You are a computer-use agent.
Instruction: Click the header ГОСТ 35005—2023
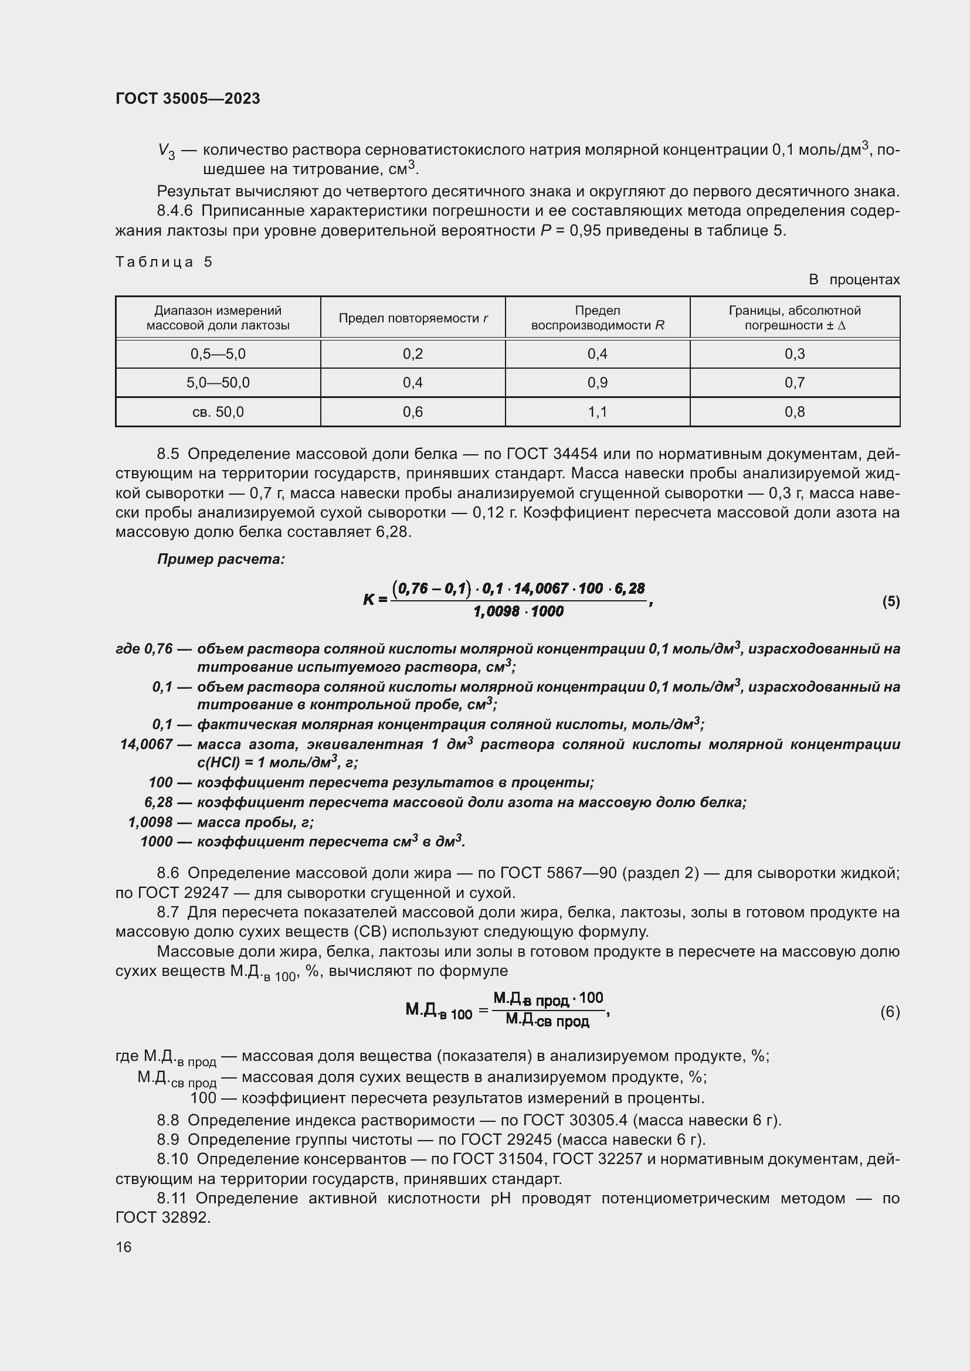188,98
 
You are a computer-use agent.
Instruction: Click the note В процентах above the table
854,280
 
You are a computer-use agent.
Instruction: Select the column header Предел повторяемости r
413,318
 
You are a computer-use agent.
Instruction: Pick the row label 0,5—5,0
218,354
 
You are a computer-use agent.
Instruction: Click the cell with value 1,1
597,412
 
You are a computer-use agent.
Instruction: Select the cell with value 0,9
597,383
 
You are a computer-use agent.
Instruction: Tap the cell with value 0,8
795,412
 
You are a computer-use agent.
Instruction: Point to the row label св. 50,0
218,412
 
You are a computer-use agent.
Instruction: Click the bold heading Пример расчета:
221,560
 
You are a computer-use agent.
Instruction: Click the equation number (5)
891,601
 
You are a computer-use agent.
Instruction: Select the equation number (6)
890,1012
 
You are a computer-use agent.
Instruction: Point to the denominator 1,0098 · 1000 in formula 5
518,611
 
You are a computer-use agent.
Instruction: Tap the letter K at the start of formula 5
368,600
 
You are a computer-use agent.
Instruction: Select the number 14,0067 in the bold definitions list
147,744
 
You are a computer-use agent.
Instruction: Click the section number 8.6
168,873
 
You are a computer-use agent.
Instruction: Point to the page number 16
124,1247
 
